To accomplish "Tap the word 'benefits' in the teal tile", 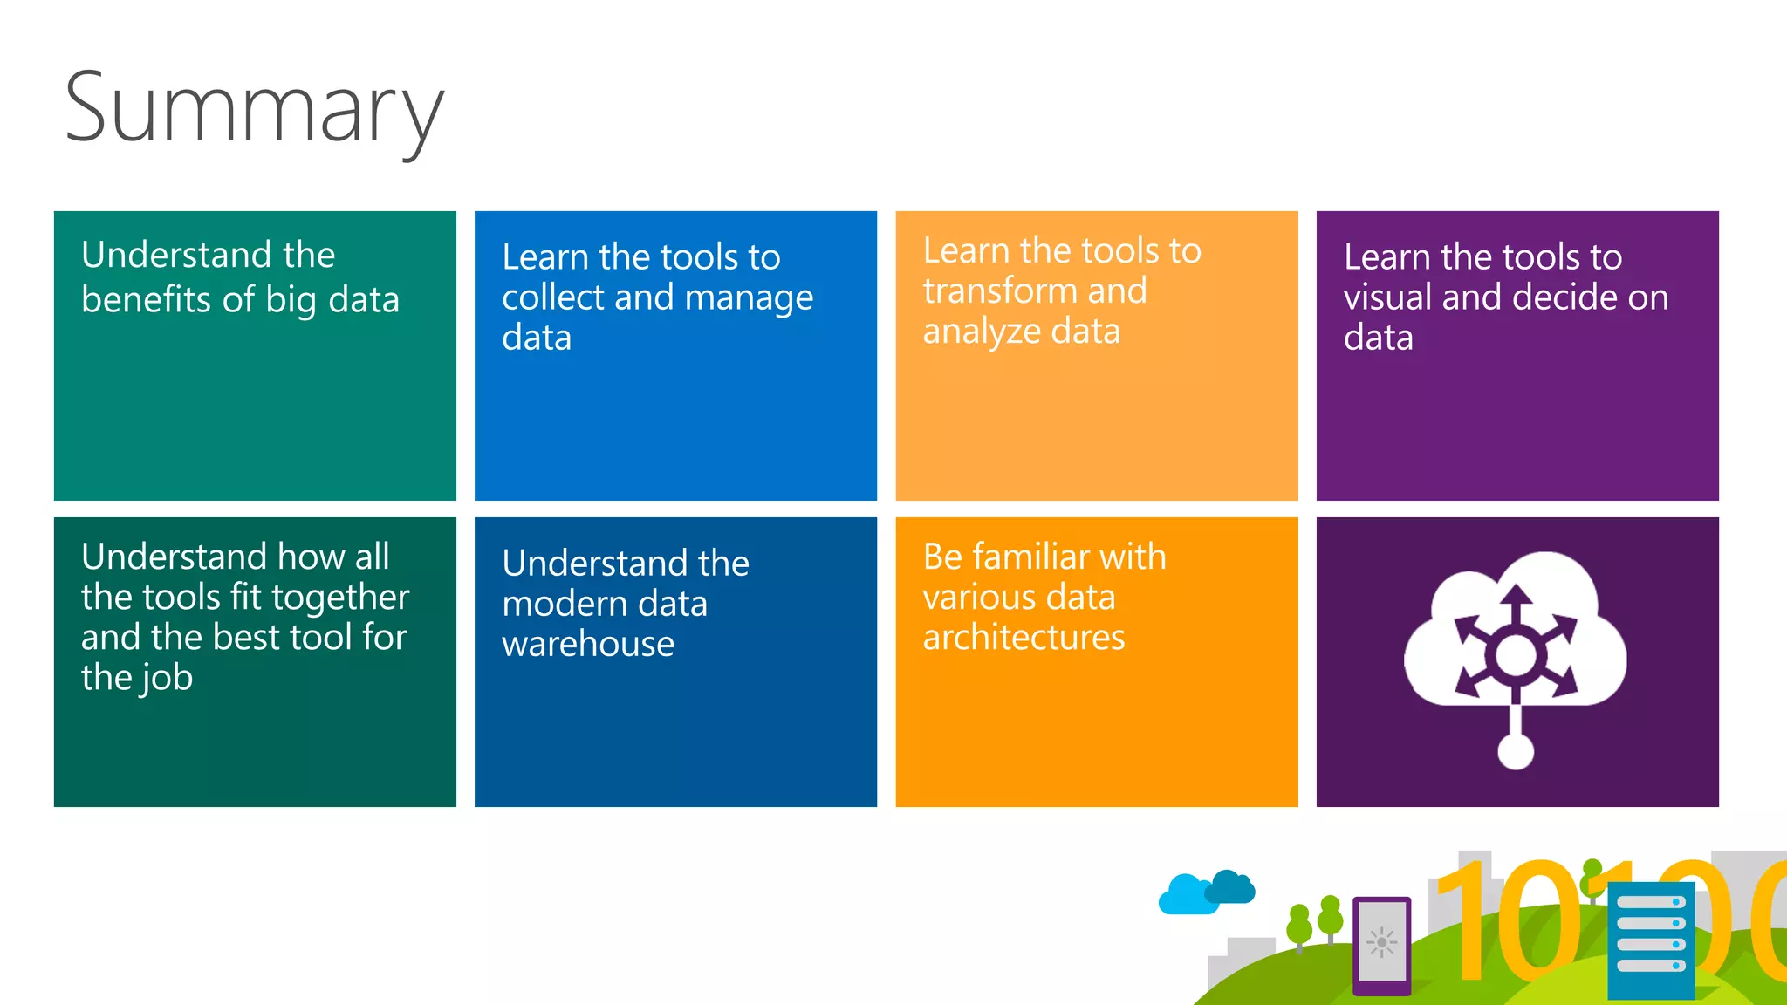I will [x=145, y=300].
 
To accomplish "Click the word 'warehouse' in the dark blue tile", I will [x=588, y=645].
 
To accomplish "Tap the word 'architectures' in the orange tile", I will [x=1024, y=638].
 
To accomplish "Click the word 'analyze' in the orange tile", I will [x=982, y=332].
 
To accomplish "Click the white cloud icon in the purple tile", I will [x=1515, y=628].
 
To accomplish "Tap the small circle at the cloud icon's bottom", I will [x=1516, y=751].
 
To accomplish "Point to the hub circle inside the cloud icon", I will [x=1516, y=654].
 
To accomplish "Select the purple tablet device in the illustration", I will [x=1381, y=945].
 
